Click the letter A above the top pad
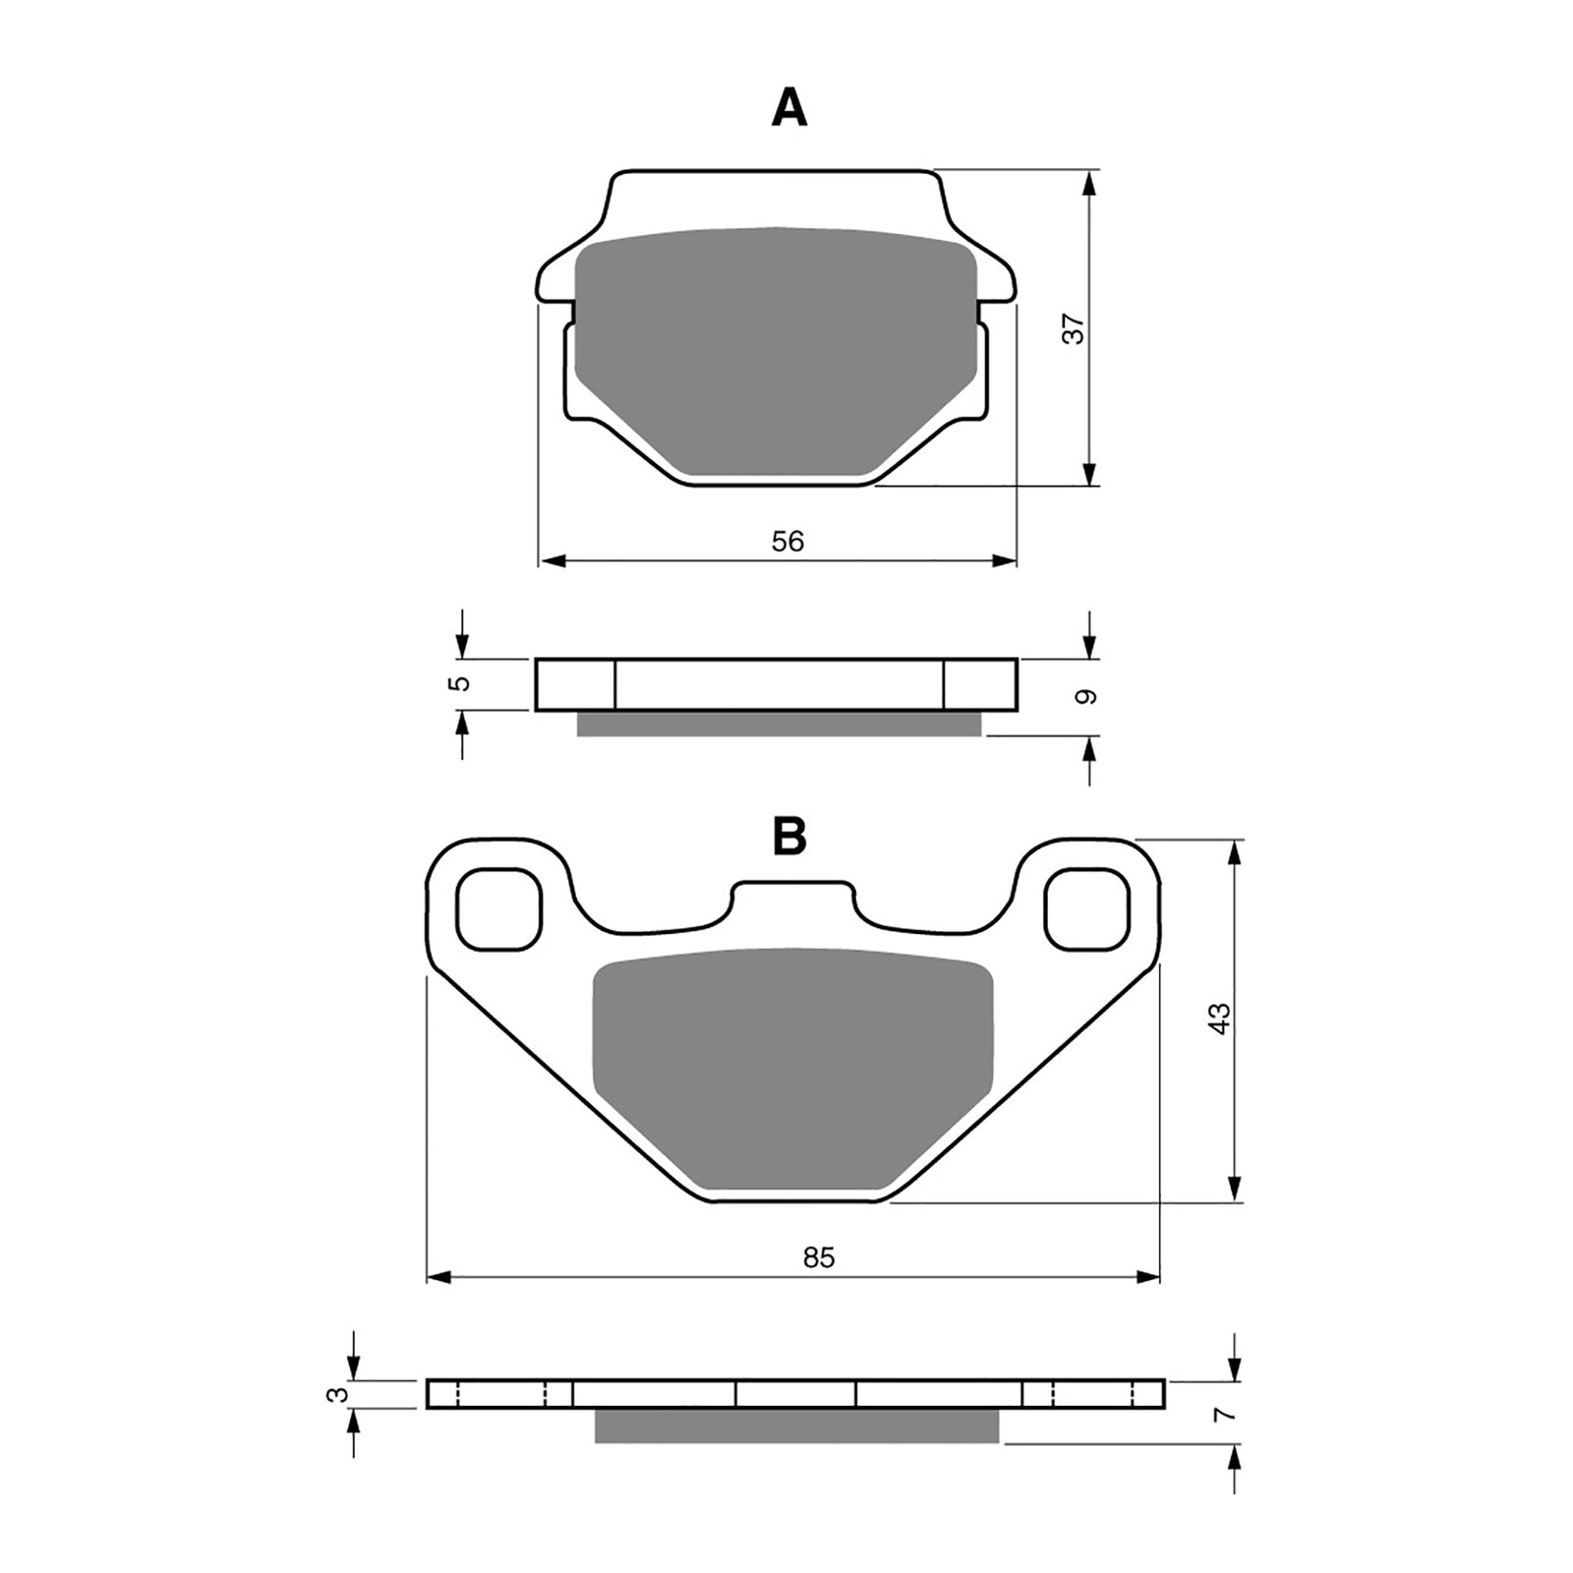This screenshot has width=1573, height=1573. pyautogui.click(x=789, y=108)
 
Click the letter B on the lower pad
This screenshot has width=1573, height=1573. pyautogui.click(x=789, y=837)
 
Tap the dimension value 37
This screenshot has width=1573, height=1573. pyautogui.click(x=1077, y=328)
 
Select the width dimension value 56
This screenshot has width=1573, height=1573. pyautogui.click(x=788, y=541)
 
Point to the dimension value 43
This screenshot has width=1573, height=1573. pyautogui.click(x=1219, y=1018)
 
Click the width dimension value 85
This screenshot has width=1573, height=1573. pyautogui.click(x=818, y=1257)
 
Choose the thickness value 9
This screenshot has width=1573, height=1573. pyautogui.click(x=1084, y=697)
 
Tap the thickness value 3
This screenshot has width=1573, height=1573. pyautogui.click(x=338, y=1394)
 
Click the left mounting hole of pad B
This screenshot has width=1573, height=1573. pyautogui.click(x=500, y=909)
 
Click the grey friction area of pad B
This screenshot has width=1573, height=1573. pyautogui.click(x=791, y=1072)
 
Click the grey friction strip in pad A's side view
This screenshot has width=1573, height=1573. pyautogui.click(x=778, y=725)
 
